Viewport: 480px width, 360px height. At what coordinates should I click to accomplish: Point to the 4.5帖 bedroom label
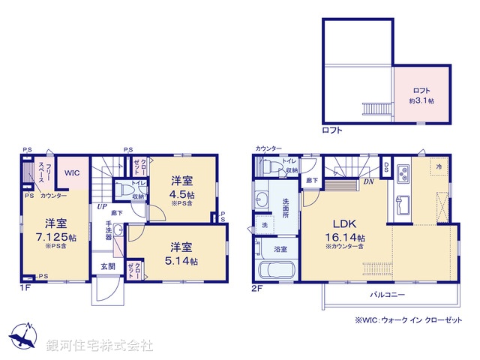182,188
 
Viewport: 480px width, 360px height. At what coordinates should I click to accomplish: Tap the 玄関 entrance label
107,266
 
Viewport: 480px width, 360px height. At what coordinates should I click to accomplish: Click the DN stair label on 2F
369,181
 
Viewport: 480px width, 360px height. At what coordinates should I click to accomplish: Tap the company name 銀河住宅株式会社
100,345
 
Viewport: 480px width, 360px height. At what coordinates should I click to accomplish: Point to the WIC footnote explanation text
409,321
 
